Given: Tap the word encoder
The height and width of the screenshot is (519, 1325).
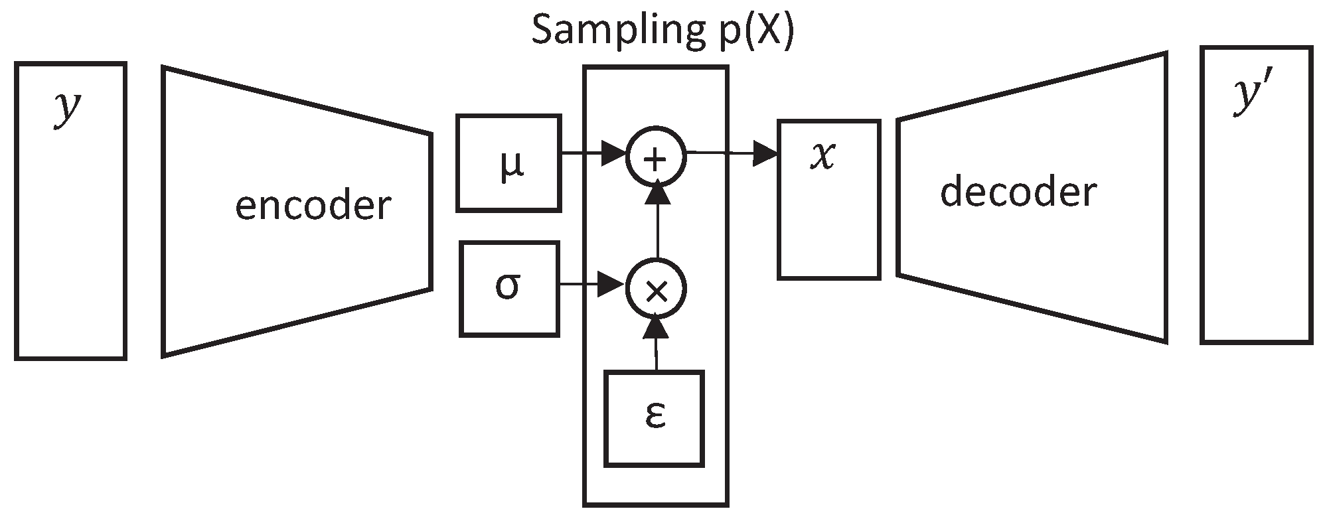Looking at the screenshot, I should pos(313,206).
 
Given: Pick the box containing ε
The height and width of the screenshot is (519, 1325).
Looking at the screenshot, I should pos(654,418).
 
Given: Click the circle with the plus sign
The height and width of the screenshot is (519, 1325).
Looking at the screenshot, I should pos(656,158).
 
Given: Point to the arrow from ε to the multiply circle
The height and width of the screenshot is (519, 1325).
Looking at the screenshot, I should pos(656,345).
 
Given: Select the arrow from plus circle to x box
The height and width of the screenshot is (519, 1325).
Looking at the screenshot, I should pos(730,155).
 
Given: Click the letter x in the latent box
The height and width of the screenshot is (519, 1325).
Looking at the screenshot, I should pos(824,157).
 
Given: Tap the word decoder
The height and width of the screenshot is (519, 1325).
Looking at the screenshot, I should pos(1018,192).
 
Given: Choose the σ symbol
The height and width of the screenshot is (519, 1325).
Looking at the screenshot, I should pos(508,287).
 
